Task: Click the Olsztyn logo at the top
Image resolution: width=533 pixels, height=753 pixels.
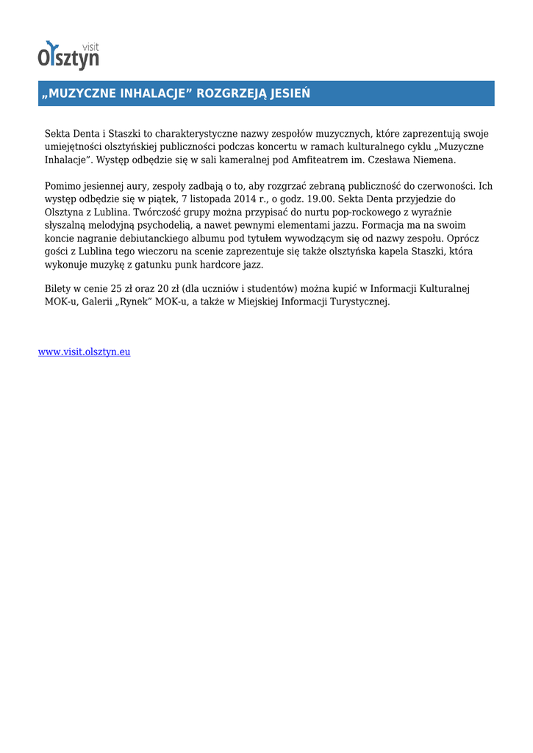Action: click(68, 56)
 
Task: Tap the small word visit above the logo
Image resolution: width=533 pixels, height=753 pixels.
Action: click(90, 46)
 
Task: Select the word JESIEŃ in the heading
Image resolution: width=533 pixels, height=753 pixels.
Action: click(290, 93)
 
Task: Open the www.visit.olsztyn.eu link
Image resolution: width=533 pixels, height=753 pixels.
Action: click(84, 351)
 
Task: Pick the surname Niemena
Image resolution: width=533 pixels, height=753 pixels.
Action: click(434, 160)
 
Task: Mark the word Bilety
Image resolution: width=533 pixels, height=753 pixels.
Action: click(58, 288)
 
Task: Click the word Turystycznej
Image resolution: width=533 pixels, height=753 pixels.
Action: click(351, 301)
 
